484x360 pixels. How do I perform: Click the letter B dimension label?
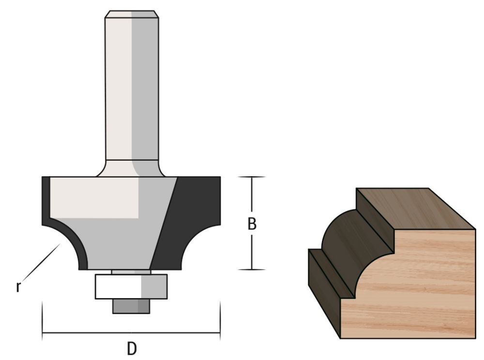tap(252, 224)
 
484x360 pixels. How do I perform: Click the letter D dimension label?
tap(132, 348)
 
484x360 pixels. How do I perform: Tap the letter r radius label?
tap(18, 286)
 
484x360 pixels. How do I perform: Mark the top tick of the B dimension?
tap(252, 177)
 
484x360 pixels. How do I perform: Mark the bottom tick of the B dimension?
tap(252, 269)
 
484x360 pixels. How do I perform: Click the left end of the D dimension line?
tap(43, 333)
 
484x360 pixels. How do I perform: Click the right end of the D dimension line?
tap(220, 333)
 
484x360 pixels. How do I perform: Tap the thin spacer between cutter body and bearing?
tap(131, 271)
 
